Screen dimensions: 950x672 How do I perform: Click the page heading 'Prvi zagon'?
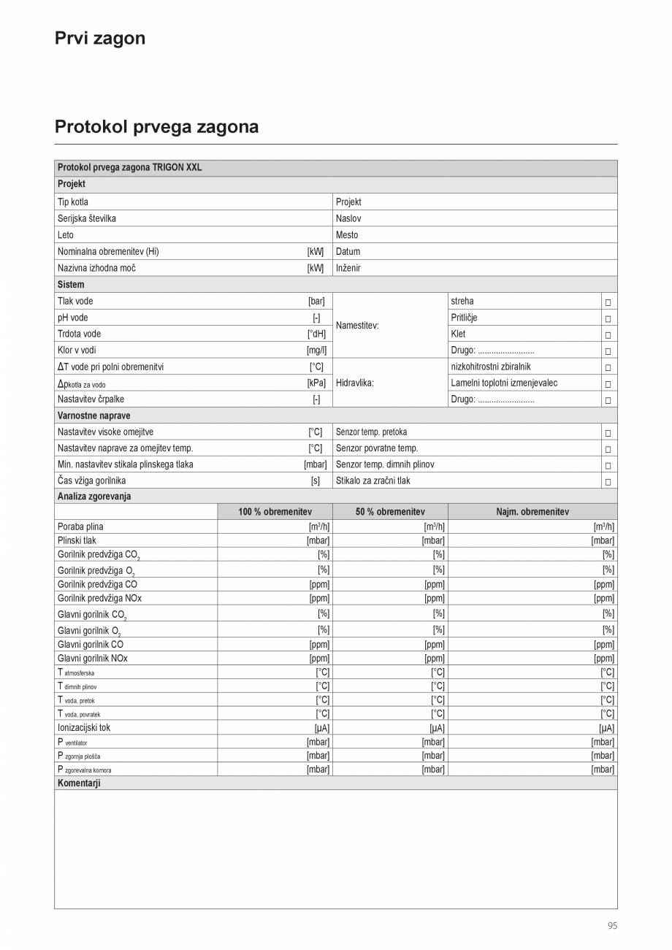point(100,39)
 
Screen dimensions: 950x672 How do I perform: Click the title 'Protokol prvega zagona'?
point(156,127)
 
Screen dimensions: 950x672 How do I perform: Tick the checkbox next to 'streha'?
point(608,302)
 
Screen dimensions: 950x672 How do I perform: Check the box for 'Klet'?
point(608,335)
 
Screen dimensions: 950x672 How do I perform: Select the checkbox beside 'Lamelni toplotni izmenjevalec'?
point(608,384)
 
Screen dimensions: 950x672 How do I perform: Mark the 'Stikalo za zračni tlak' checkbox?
point(608,482)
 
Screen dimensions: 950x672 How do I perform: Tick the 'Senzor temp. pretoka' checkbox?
point(608,433)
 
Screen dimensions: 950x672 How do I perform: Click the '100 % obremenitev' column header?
point(275,512)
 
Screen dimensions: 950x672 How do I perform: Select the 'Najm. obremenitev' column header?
point(532,512)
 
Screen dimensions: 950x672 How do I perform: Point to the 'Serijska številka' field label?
point(87,218)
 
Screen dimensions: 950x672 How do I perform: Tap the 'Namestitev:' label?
point(357,326)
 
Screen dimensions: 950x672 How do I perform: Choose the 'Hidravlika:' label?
point(355,383)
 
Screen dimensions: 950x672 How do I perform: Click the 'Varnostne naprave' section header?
point(94,415)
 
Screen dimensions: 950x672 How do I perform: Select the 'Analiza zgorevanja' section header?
point(94,497)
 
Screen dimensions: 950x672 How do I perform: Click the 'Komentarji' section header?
point(79,783)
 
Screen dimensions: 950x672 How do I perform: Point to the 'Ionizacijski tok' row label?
point(84,728)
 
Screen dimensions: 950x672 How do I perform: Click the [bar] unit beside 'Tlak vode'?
point(316,301)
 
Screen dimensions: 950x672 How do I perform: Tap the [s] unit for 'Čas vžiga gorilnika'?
point(316,481)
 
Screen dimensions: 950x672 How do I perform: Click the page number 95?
point(612,926)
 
